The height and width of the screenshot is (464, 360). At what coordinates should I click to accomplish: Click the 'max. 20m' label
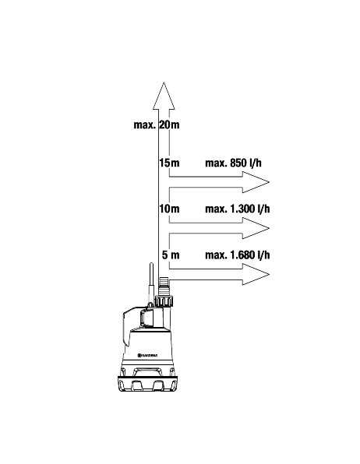pos(157,125)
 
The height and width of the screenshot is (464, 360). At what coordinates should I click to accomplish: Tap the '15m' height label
pos(169,163)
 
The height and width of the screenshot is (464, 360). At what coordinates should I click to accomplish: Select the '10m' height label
pos(169,209)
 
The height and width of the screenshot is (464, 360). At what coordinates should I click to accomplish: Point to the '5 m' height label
pos(171,255)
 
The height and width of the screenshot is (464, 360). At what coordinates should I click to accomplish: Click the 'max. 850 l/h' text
pos(234,163)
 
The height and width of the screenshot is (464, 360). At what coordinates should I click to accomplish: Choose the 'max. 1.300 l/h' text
pos(238,209)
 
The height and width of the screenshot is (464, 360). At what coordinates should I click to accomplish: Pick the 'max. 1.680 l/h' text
pos(238,255)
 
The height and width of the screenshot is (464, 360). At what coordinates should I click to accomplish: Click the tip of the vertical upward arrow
pos(164,83)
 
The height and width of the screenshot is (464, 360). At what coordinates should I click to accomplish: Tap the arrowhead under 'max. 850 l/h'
pos(256,182)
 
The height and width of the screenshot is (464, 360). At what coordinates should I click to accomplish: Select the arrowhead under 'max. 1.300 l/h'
pos(256,228)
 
